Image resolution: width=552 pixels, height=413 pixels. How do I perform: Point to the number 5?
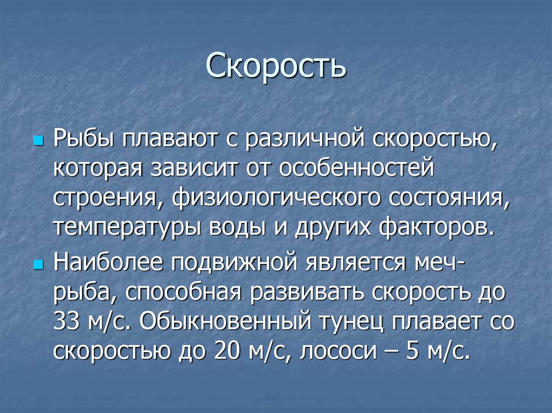[x=412, y=352]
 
